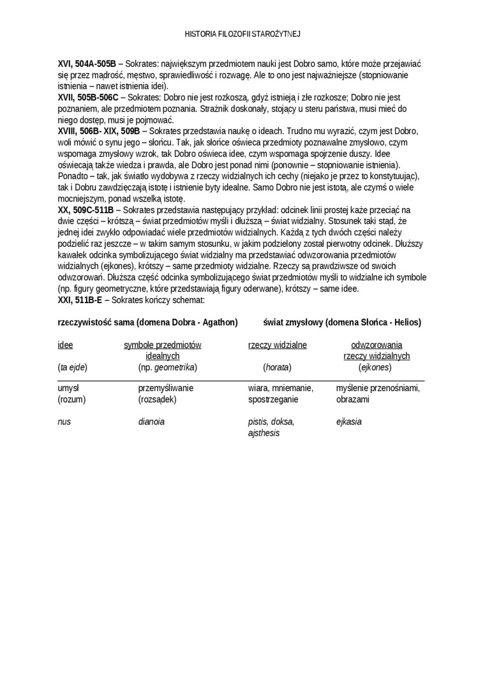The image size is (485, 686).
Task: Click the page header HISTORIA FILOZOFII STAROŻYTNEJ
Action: [x=242, y=34]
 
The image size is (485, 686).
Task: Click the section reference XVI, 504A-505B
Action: [x=87, y=64]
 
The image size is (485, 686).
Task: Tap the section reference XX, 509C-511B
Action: [x=86, y=209]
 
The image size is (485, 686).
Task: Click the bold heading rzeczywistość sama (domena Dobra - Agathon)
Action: [x=147, y=322]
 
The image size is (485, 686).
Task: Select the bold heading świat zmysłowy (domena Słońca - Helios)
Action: [x=341, y=322]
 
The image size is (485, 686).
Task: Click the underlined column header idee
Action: [x=65, y=345]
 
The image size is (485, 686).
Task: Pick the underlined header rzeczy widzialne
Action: [x=277, y=345]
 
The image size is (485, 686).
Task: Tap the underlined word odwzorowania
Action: [x=377, y=345]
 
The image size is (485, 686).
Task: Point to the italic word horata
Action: [x=277, y=367]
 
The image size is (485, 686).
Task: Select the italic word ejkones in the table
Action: [x=375, y=367]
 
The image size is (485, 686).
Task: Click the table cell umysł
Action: [x=68, y=387]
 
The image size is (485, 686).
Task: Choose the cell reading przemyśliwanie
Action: [x=165, y=387]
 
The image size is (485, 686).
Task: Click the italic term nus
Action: [x=64, y=421]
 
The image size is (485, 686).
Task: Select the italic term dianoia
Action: [x=151, y=421]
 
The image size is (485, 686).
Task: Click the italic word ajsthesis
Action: [x=264, y=433]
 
